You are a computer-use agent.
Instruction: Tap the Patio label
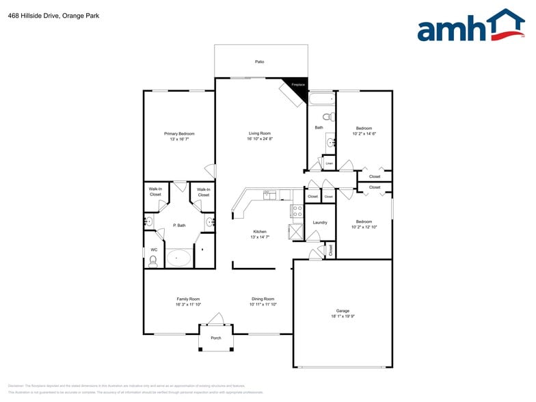(260, 62)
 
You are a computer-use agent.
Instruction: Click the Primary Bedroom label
(179, 133)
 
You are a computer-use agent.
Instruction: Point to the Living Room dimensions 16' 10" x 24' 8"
(260, 139)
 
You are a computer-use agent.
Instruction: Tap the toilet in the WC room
(152, 260)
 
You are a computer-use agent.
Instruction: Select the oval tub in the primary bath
(180, 258)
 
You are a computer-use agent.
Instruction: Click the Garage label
(343, 310)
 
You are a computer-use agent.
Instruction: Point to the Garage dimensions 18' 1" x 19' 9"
(343, 317)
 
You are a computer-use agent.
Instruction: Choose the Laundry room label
(320, 222)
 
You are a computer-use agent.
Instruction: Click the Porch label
(215, 338)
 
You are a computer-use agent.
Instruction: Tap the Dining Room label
(263, 299)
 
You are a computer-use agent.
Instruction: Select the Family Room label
(188, 299)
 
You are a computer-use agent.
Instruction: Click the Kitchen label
(260, 231)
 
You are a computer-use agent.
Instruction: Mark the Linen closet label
(329, 163)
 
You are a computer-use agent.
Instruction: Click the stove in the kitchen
(297, 211)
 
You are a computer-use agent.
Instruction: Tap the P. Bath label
(179, 225)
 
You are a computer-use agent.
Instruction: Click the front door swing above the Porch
(216, 319)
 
